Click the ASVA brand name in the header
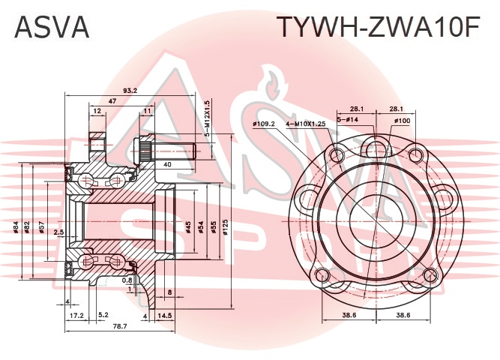(x=52, y=27)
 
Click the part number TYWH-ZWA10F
(x=379, y=27)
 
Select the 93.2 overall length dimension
(x=130, y=90)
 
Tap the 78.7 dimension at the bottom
(x=120, y=326)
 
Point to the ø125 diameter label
(x=226, y=227)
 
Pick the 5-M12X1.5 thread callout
(x=208, y=118)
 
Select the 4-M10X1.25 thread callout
(x=306, y=124)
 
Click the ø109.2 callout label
(x=264, y=124)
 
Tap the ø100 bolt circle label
(x=402, y=121)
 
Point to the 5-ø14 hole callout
(x=348, y=119)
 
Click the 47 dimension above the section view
(x=112, y=101)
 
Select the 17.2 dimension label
(x=76, y=316)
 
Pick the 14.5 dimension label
(x=164, y=316)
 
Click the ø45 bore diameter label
(x=188, y=227)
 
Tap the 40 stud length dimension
(x=167, y=164)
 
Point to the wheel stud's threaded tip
(x=194, y=151)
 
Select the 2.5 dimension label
(x=58, y=232)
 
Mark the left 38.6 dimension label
(x=349, y=315)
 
